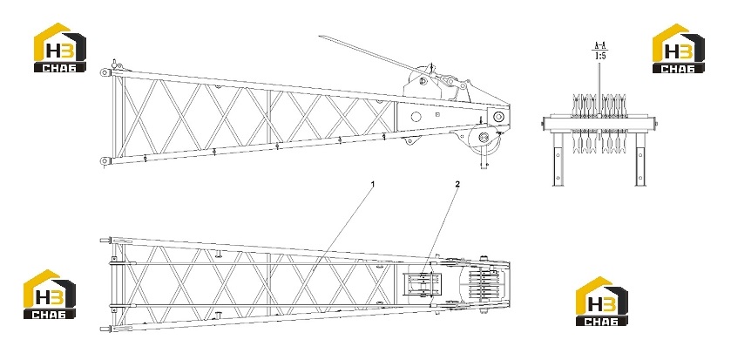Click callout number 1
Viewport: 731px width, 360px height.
(373, 184)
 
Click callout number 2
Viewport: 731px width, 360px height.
(457, 184)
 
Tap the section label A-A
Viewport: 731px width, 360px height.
(599, 45)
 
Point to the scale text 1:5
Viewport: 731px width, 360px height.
(599, 56)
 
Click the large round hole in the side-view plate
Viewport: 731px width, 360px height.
(416, 117)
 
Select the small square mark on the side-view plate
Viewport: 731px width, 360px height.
(437, 114)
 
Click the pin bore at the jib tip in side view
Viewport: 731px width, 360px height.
(498, 117)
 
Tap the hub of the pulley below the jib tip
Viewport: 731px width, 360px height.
(484, 137)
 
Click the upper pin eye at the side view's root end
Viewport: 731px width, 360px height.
(105, 72)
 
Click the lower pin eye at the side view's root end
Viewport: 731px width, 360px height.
(105, 161)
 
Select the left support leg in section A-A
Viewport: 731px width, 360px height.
(558, 159)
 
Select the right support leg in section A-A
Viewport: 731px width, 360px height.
(640, 159)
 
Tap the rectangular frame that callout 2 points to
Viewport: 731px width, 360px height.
(423, 284)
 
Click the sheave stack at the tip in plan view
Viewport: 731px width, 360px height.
(483, 284)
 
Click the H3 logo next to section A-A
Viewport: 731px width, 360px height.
(679, 49)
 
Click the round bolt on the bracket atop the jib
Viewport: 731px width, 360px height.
(423, 81)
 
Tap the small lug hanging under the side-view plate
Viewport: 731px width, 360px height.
(410, 139)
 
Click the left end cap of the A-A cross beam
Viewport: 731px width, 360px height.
(544, 124)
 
